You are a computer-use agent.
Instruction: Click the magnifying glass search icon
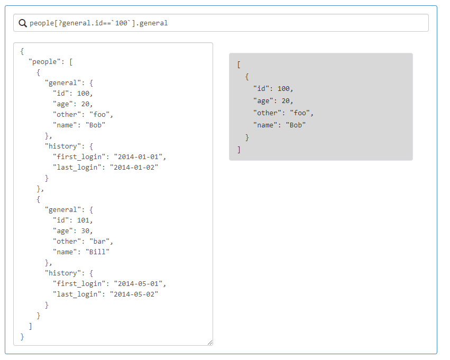(x=23, y=23)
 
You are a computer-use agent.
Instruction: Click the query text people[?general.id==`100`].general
(x=98, y=23)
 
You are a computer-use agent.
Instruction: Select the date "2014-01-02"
(x=134, y=168)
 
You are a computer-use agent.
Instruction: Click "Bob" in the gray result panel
(x=296, y=125)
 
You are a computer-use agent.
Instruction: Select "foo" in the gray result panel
(x=300, y=113)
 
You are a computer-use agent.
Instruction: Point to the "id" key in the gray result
(x=261, y=89)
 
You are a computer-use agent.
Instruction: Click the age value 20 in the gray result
(x=286, y=101)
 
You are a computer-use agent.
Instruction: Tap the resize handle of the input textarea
(x=210, y=343)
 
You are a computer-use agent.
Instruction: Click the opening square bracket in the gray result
(x=239, y=64)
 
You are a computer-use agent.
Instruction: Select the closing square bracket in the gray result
(x=239, y=150)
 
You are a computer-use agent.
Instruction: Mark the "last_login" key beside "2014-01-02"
(x=77, y=168)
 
